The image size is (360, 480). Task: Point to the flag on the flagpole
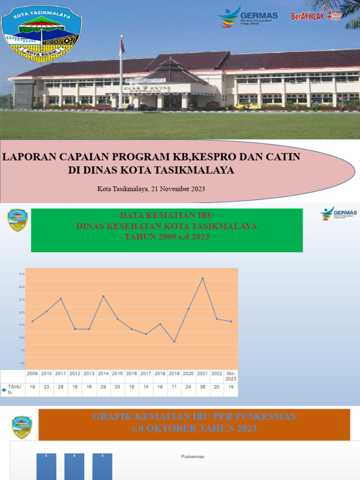122,46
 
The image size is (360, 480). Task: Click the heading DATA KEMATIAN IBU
167,215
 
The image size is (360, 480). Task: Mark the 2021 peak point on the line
202,278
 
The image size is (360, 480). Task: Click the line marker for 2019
174,342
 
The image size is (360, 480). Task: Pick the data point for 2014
103,296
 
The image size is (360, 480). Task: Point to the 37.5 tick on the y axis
22,274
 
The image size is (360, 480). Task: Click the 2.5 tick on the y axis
22,363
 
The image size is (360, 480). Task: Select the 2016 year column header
132,374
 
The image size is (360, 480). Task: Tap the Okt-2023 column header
231,376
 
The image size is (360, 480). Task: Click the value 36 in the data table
202,388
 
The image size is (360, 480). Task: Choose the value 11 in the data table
174,388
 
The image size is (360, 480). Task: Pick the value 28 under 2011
61,388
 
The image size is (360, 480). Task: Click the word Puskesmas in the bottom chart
193,457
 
